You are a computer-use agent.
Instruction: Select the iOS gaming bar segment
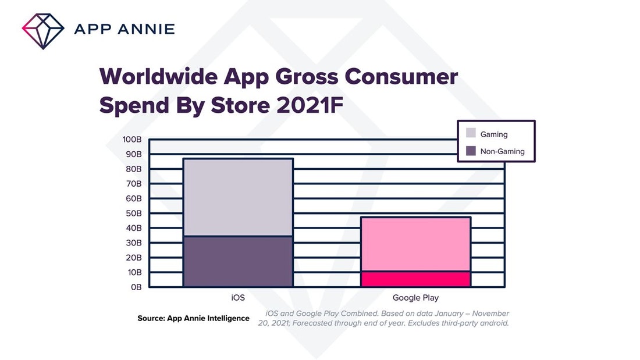[238, 197]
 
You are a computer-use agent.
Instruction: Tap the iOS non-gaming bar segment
[238, 261]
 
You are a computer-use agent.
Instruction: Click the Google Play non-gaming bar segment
[415, 279]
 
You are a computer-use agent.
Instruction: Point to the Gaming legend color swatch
[471, 134]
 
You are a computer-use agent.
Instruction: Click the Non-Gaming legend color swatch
[471, 151]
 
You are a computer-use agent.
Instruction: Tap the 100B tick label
[132, 140]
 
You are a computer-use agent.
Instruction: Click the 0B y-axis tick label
[136, 287]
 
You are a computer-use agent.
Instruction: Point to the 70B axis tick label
[134, 184]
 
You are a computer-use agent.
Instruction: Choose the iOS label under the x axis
[238, 298]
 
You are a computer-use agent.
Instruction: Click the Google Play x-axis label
[415, 298]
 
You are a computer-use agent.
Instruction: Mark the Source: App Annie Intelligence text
[193, 318]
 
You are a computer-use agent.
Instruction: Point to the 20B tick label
[134, 258]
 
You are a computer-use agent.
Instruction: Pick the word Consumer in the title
[403, 77]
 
